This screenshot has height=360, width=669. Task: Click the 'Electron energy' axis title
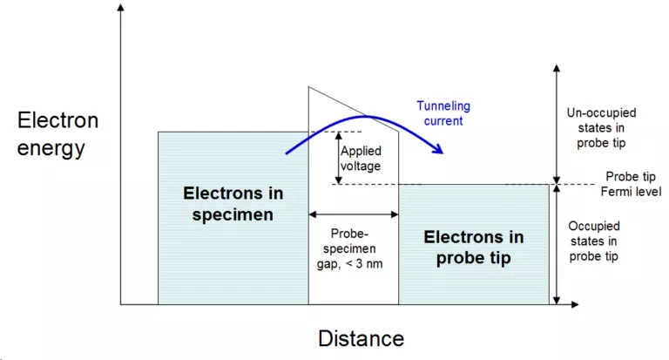pyautogui.click(x=57, y=134)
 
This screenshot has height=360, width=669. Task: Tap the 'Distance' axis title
pyautogui.click(x=361, y=339)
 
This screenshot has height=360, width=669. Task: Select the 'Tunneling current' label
pyautogui.click(x=443, y=113)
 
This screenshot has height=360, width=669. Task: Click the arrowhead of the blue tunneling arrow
pyautogui.click(x=438, y=148)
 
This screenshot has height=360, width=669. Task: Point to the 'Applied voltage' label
pyautogui.click(x=361, y=158)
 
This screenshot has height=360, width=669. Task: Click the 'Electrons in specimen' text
pyautogui.click(x=233, y=204)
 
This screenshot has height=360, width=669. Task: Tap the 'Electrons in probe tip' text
pyautogui.click(x=474, y=248)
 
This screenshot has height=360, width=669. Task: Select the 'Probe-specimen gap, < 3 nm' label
pyautogui.click(x=349, y=248)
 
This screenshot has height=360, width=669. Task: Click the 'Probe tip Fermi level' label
pyautogui.click(x=631, y=184)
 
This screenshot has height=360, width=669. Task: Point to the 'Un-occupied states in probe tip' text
pyautogui.click(x=601, y=127)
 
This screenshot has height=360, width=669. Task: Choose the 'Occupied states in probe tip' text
pyautogui.click(x=594, y=241)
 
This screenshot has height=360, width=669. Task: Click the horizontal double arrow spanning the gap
pyautogui.click(x=354, y=214)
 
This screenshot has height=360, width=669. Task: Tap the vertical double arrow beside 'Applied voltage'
pyautogui.click(x=338, y=158)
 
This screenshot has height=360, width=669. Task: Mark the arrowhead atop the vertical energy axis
pyautogui.click(x=121, y=7)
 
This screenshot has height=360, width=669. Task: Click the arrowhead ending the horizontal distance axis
pyautogui.click(x=575, y=304)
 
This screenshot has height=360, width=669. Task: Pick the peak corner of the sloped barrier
pyautogui.click(x=309, y=87)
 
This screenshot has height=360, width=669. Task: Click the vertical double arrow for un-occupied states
pyautogui.click(x=557, y=125)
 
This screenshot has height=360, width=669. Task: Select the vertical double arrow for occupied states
pyautogui.click(x=557, y=245)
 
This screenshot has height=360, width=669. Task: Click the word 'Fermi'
pyautogui.click(x=615, y=192)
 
